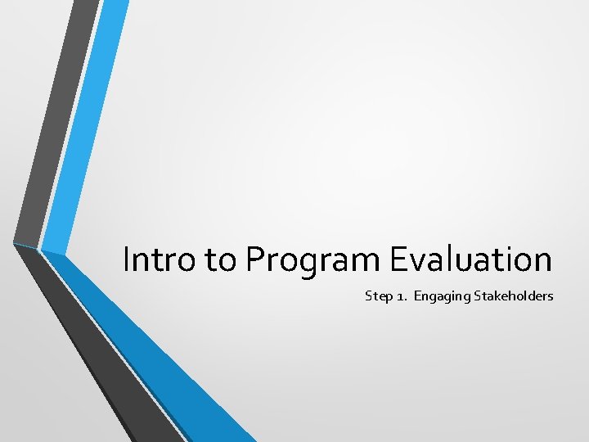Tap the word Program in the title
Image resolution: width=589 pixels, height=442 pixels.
313,261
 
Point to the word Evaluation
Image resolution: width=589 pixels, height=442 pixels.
470,259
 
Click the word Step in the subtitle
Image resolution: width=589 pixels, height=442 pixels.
378,295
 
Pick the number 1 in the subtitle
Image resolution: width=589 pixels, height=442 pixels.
402,295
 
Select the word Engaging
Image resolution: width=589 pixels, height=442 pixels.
440,296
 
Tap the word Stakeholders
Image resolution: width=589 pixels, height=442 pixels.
512,295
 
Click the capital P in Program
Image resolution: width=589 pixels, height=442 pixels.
254,259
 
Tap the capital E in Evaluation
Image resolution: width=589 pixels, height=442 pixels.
398,259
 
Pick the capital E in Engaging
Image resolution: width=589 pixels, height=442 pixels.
417,295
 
